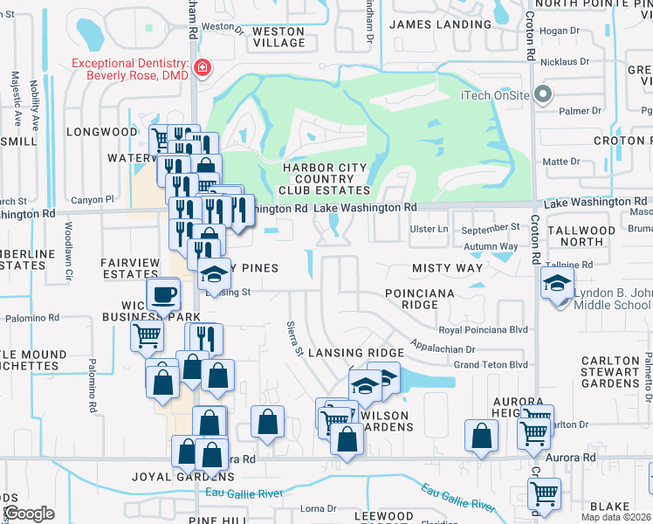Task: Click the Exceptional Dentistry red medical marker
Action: click(x=203, y=68)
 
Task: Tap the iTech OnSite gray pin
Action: click(x=542, y=94)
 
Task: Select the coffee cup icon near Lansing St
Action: click(x=164, y=294)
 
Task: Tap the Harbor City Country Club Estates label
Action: click(x=324, y=178)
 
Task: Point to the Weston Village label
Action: click(x=278, y=37)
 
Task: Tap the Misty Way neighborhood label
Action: click(x=447, y=269)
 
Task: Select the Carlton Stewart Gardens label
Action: click(x=610, y=372)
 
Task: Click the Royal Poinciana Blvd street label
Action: click(x=484, y=330)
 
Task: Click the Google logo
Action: click(x=30, y=514)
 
